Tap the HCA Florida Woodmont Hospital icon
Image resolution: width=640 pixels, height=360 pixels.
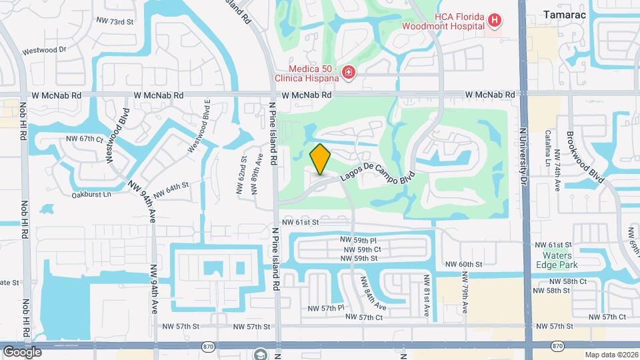click(x=494, y=21)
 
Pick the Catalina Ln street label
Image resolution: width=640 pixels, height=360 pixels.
click(x=549, y=148)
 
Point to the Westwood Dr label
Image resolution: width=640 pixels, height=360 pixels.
click(x=45, y=50)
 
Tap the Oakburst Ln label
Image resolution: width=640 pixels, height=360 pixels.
click(x=91, y=195)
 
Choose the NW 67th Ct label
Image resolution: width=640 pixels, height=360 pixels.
click(x=85, y=139)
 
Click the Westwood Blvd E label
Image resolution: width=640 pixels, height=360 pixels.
click(x=199, y=116)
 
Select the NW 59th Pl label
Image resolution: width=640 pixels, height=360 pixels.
click(x=359, y=239)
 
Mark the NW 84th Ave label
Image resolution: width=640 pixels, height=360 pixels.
click(x=373, y=293)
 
